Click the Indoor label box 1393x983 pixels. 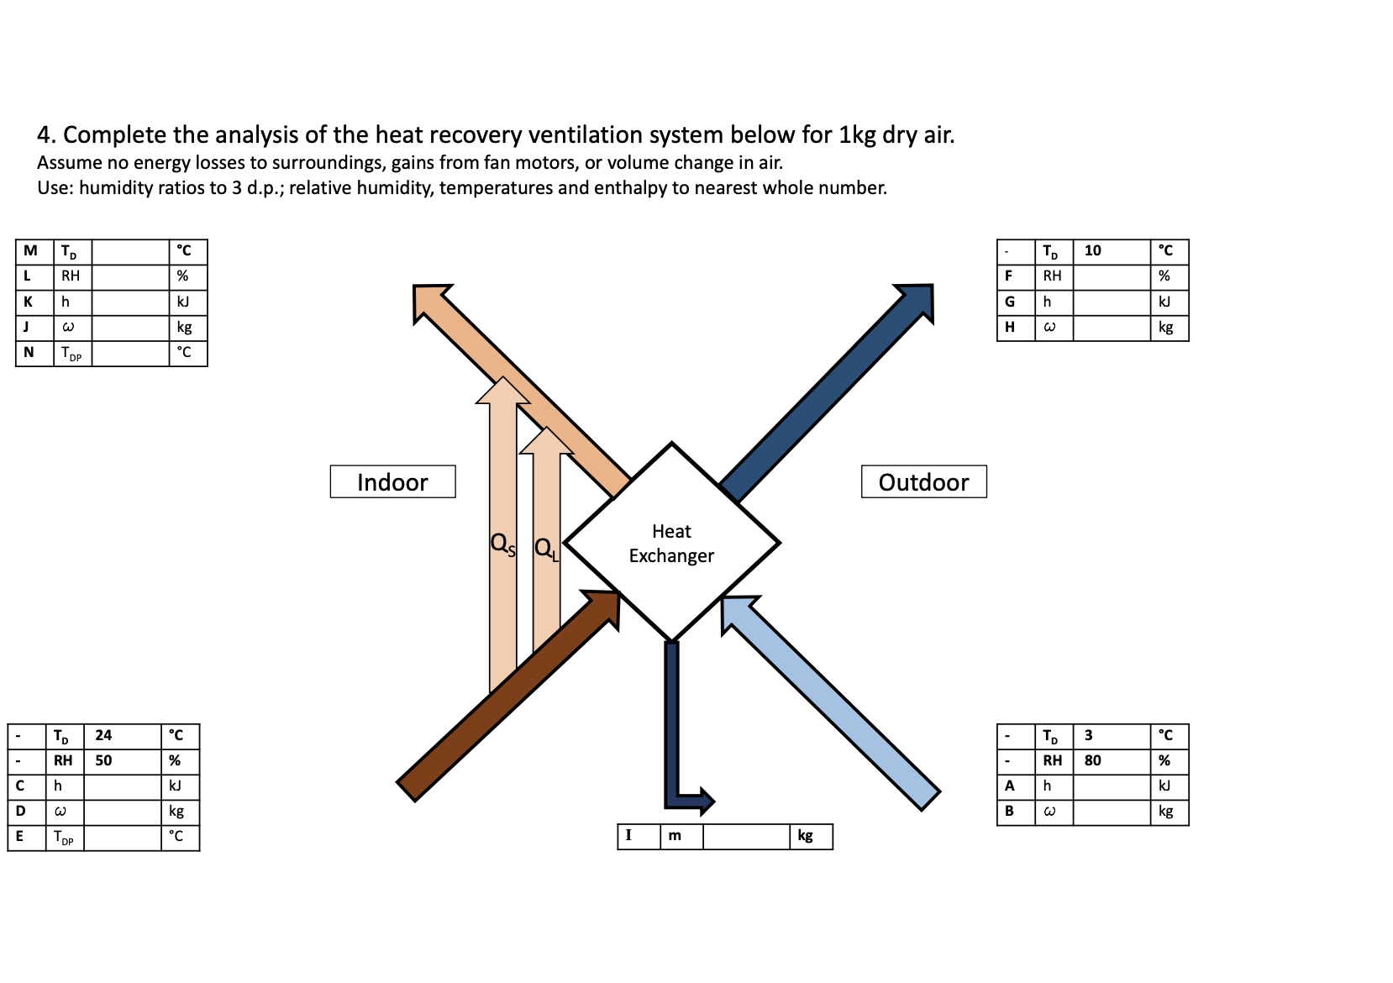pos(392,481)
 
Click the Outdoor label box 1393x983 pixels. pos(923,481)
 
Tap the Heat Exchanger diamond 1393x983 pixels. pos(671,543)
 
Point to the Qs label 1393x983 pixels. pos(502,544)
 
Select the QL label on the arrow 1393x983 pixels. pos(546,549)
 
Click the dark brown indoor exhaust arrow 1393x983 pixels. pos(504,698)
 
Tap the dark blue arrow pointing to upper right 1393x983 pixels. pos(828,391)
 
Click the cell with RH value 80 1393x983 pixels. pos(1111,760)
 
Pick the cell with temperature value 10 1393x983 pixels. pos(1111,250)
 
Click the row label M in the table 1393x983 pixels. pos(31,250)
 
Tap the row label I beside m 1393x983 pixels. pos(628,835)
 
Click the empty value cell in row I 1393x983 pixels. pos(746,836)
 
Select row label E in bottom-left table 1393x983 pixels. pos(19,836)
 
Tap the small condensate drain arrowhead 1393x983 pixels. pos(707,802)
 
